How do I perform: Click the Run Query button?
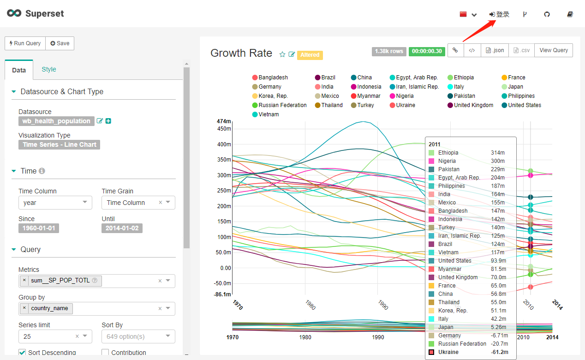25,43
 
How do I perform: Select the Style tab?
48,69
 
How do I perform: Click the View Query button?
554,50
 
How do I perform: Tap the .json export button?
495,50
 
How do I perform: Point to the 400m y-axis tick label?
224,144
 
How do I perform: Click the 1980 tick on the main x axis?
310,306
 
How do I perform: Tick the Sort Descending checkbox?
22,353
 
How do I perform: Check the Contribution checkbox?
105,353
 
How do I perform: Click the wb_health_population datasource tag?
56,121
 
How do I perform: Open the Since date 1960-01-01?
39,228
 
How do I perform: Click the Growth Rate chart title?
241,53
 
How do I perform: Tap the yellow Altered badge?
310,55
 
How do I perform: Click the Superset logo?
36,13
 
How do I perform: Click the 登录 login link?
500,14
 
